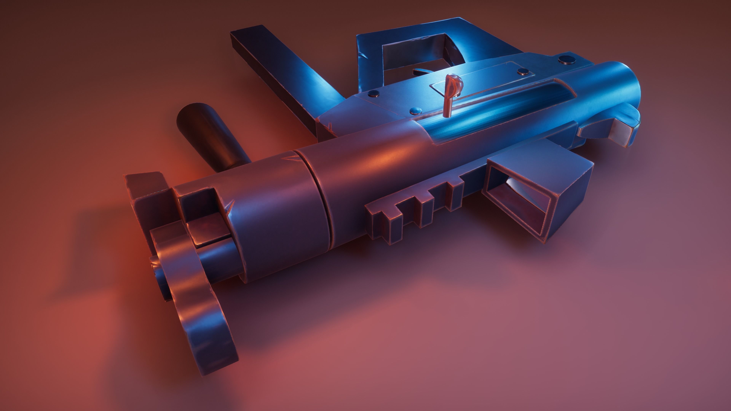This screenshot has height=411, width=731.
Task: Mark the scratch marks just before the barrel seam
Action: point(288,159)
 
